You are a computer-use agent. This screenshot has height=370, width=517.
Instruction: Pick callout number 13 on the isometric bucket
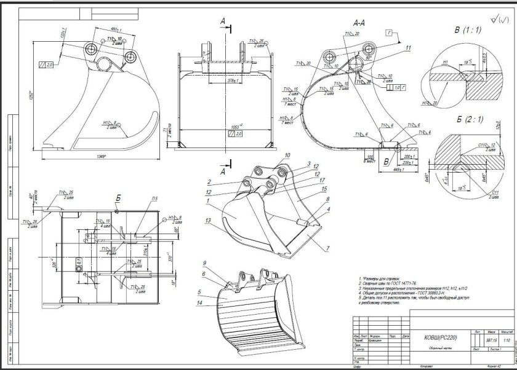click(209, 220)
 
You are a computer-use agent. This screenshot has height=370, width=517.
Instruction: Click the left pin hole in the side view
click(91, 50)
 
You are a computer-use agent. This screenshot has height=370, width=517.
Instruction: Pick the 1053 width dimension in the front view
click(217, 126)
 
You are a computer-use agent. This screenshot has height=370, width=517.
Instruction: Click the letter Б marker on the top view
click(117, 199)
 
